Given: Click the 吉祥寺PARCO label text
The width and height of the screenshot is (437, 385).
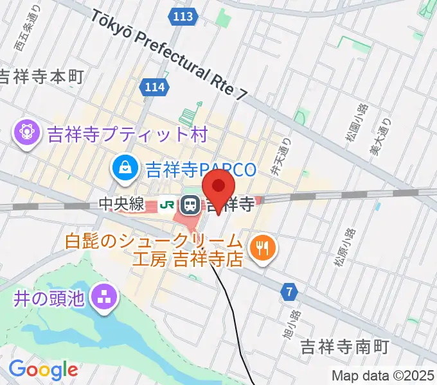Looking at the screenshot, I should [201, 169].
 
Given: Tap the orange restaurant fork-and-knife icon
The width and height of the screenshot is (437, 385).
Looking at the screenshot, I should [262, 247].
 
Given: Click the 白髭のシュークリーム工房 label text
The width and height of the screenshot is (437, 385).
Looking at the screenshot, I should [154, 252].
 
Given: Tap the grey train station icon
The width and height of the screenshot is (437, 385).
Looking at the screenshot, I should [191, 206].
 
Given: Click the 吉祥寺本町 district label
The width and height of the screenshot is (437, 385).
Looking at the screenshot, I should [42, 77].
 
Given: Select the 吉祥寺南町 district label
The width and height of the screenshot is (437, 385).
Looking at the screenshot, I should [345, 347].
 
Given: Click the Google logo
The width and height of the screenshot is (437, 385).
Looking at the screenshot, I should [42, 369].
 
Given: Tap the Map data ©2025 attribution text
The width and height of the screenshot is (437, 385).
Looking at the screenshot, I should [383, 375].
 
